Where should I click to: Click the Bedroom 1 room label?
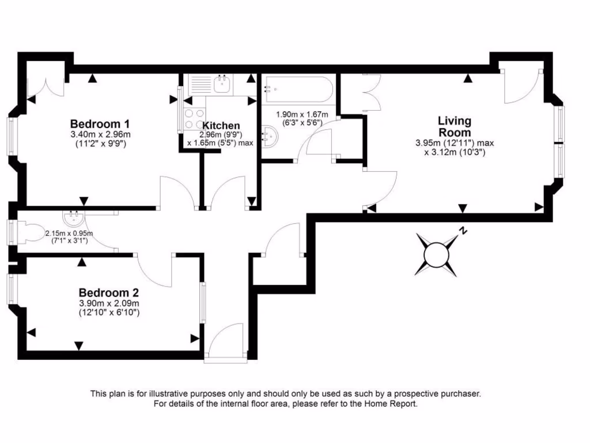[x=99, y=123]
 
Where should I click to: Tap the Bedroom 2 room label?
[x=109, y=292]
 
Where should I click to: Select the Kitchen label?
[x=221, y=126]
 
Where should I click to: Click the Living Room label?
[x=455, y=126]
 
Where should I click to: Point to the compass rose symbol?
[x=436, y=253]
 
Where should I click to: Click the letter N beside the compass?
[x=462, y=231]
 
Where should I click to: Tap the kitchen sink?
[x=222, y=84]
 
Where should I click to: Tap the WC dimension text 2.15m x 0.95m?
[x=69, y=234]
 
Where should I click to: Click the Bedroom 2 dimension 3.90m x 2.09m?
[x=109, y=303]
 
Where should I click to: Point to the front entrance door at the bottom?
[x=226, y=346]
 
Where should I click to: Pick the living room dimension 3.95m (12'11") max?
[x=455, y=143]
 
